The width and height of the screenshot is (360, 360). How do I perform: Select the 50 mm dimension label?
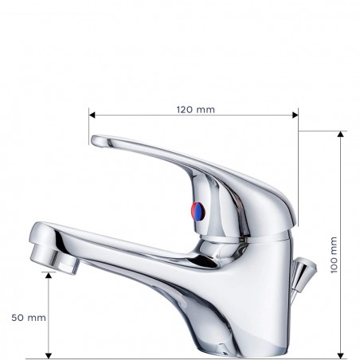coord(29,317)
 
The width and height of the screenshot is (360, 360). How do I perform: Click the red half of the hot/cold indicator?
coord(194,211)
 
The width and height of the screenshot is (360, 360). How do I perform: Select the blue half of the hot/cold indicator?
coord(202,212)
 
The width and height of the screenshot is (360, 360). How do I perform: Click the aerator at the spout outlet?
coord(59,259)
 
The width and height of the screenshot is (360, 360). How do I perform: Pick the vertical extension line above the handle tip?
coord(89,127)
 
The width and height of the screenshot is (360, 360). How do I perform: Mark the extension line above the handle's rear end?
coord(298,159)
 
